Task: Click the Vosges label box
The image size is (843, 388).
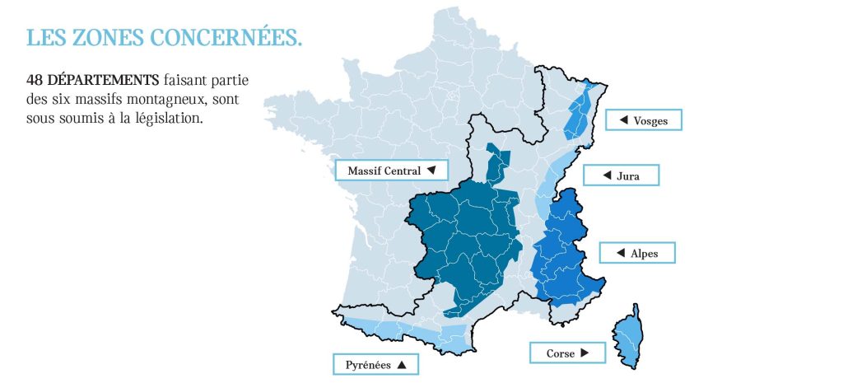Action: click(643, 120)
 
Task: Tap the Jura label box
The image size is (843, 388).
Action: click(622, 175)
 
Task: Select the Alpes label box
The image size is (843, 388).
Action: click(636, 253)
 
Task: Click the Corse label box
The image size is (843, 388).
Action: click(567, 353)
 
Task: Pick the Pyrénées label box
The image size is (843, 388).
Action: click(375, 364)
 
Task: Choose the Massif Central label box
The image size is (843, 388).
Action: click(391, 171)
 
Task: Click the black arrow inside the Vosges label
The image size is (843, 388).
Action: click(623, 120)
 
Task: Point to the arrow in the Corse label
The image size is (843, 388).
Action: click(585, 353)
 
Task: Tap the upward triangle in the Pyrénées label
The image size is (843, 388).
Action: click(402, 364)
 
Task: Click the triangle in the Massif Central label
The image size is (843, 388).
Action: click(431, 171)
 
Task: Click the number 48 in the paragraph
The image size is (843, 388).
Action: click(35, 81)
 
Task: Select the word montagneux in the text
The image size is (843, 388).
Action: click(151, 100)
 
